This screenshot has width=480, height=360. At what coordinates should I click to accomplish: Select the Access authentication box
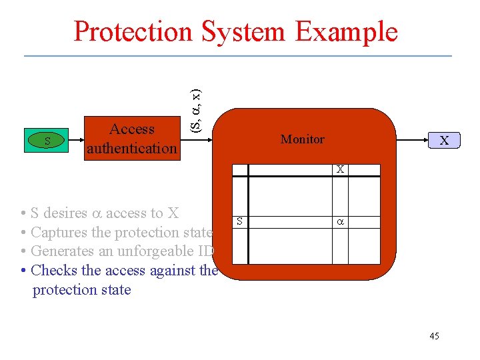(x=132, y=139)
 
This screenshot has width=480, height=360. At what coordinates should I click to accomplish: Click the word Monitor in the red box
(x=303, y=139)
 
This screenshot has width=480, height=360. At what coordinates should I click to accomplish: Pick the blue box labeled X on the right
(x=443, y=141)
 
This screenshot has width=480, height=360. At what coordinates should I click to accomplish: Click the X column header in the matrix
(x=340, y=170)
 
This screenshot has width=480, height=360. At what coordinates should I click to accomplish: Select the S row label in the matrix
(x=240, y=220)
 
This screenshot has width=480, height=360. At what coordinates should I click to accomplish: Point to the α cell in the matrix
(x=340, y=220)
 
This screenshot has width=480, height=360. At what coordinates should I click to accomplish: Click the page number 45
(x=434, y=336)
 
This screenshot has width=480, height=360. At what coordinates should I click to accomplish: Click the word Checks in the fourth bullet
(x=53, y=271)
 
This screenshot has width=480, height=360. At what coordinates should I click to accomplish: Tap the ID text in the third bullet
(x=206, y=251)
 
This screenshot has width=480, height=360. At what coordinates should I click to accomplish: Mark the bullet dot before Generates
(x=23, y=252)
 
